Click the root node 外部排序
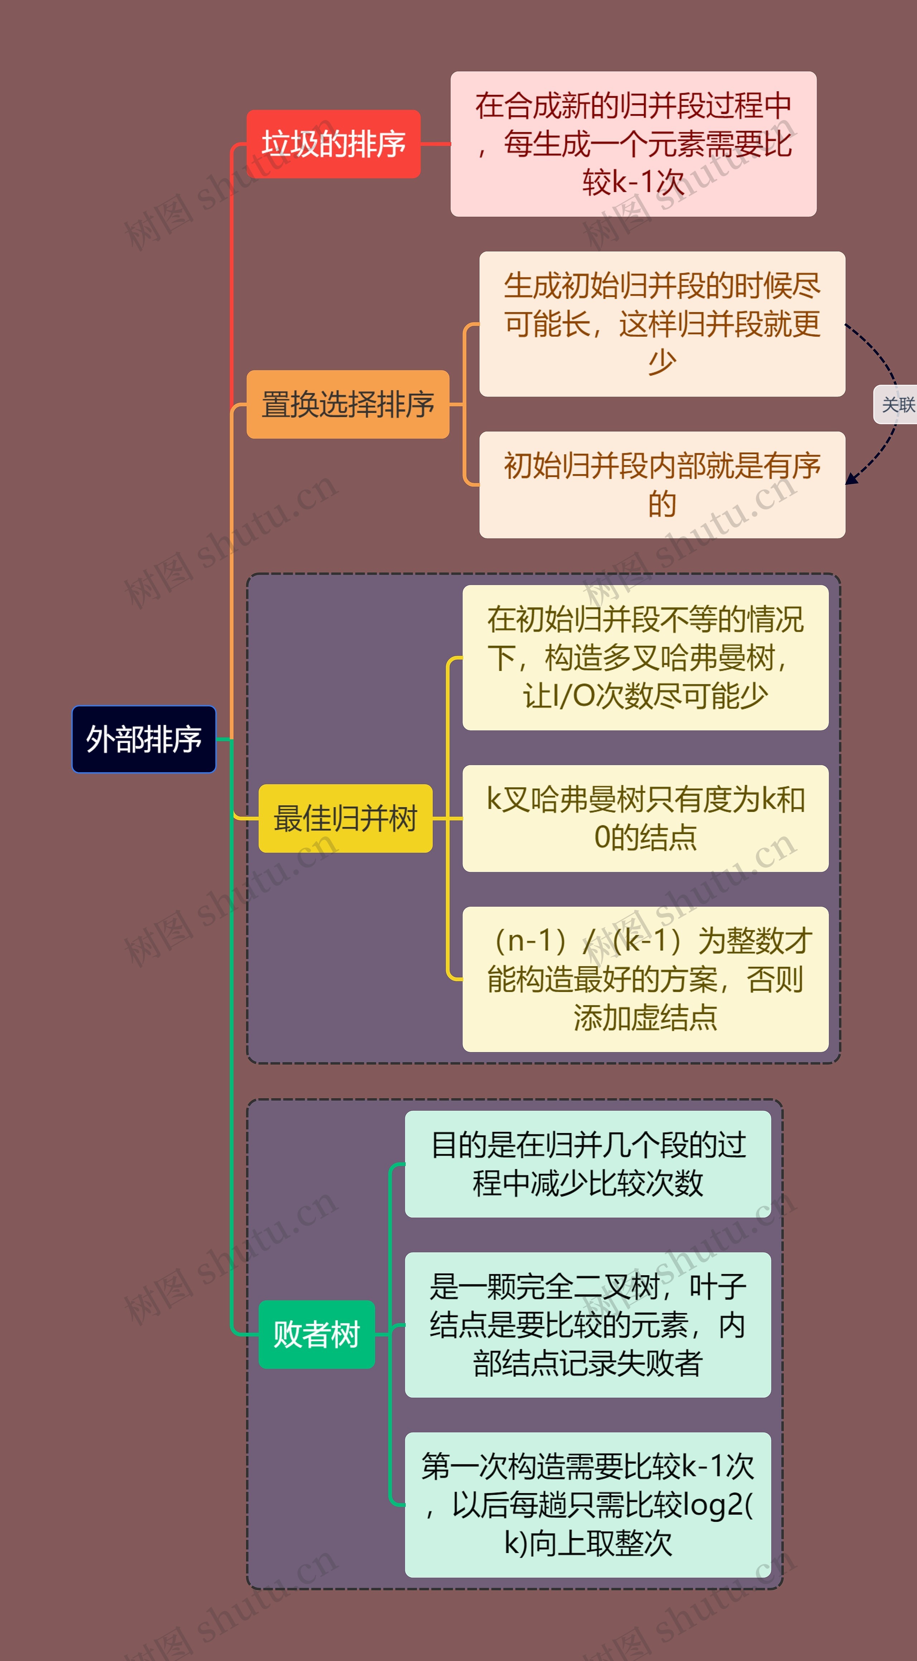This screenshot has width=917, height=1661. tap(144, 739)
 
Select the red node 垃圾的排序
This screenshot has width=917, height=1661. tap(333, 144)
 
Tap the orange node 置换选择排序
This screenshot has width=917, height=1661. tap(347, 404)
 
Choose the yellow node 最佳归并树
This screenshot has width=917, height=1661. tap(345, 818)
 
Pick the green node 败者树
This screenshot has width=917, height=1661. tap(316, 1334)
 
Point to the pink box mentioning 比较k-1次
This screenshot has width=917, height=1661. tap(633, 144)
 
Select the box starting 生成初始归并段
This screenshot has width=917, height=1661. tap(662, 324)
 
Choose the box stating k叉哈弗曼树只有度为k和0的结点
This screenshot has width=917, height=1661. tap(645, 818)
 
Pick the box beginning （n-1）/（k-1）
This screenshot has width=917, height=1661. tap(645, 979)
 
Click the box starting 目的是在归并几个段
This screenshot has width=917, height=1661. tap(587, 1164)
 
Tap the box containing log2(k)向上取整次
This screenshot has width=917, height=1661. tap(587, 1505)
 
